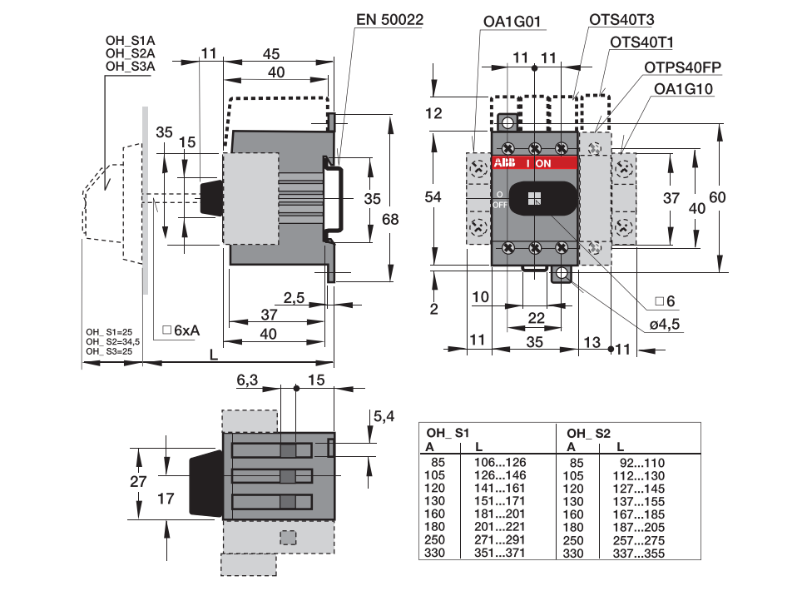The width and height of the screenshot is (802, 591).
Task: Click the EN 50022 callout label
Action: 389,19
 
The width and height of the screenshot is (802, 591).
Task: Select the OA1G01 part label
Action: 512,22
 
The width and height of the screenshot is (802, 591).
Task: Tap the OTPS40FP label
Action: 682,67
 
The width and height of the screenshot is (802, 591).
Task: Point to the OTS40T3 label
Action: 621,19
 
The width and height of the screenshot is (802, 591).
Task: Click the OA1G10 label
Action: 683,89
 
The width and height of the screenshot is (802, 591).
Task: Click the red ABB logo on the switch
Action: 504,163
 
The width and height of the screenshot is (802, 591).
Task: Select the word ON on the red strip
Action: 543,163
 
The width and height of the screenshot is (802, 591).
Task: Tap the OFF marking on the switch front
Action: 500,206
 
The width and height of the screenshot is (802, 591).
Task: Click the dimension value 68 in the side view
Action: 390,220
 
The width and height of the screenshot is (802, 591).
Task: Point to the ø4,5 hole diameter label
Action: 665,324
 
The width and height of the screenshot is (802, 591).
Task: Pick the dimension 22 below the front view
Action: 536,318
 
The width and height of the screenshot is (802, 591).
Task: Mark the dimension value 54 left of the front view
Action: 433,197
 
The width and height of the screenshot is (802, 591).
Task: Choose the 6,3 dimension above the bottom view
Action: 247,380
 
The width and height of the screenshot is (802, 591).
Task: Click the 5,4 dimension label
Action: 384,416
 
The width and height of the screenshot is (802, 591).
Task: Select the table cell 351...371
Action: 499,553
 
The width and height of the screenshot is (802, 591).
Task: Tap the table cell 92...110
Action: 642,463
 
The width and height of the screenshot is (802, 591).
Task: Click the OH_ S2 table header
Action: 588,434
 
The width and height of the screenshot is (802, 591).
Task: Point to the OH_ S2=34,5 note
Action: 112,342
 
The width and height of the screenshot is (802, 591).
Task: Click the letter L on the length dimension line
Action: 214,355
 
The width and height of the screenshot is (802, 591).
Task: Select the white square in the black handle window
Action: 534,199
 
